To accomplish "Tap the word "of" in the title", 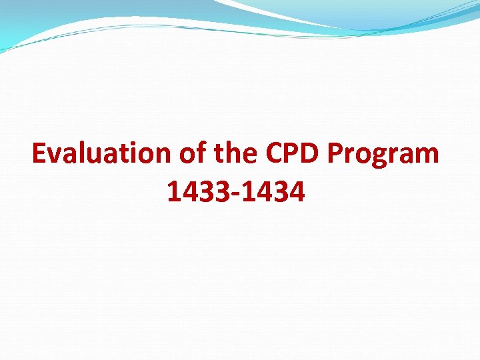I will coord(192,154).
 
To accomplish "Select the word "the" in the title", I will coord(236,154).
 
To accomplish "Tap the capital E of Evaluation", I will coord(39,154).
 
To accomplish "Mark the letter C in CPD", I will coord(275,154).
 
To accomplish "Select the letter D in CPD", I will coord(314,154).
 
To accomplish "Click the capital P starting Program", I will coord(337,154).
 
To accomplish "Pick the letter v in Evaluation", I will coord(55,157).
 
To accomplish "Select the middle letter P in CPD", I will coord(295,154).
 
